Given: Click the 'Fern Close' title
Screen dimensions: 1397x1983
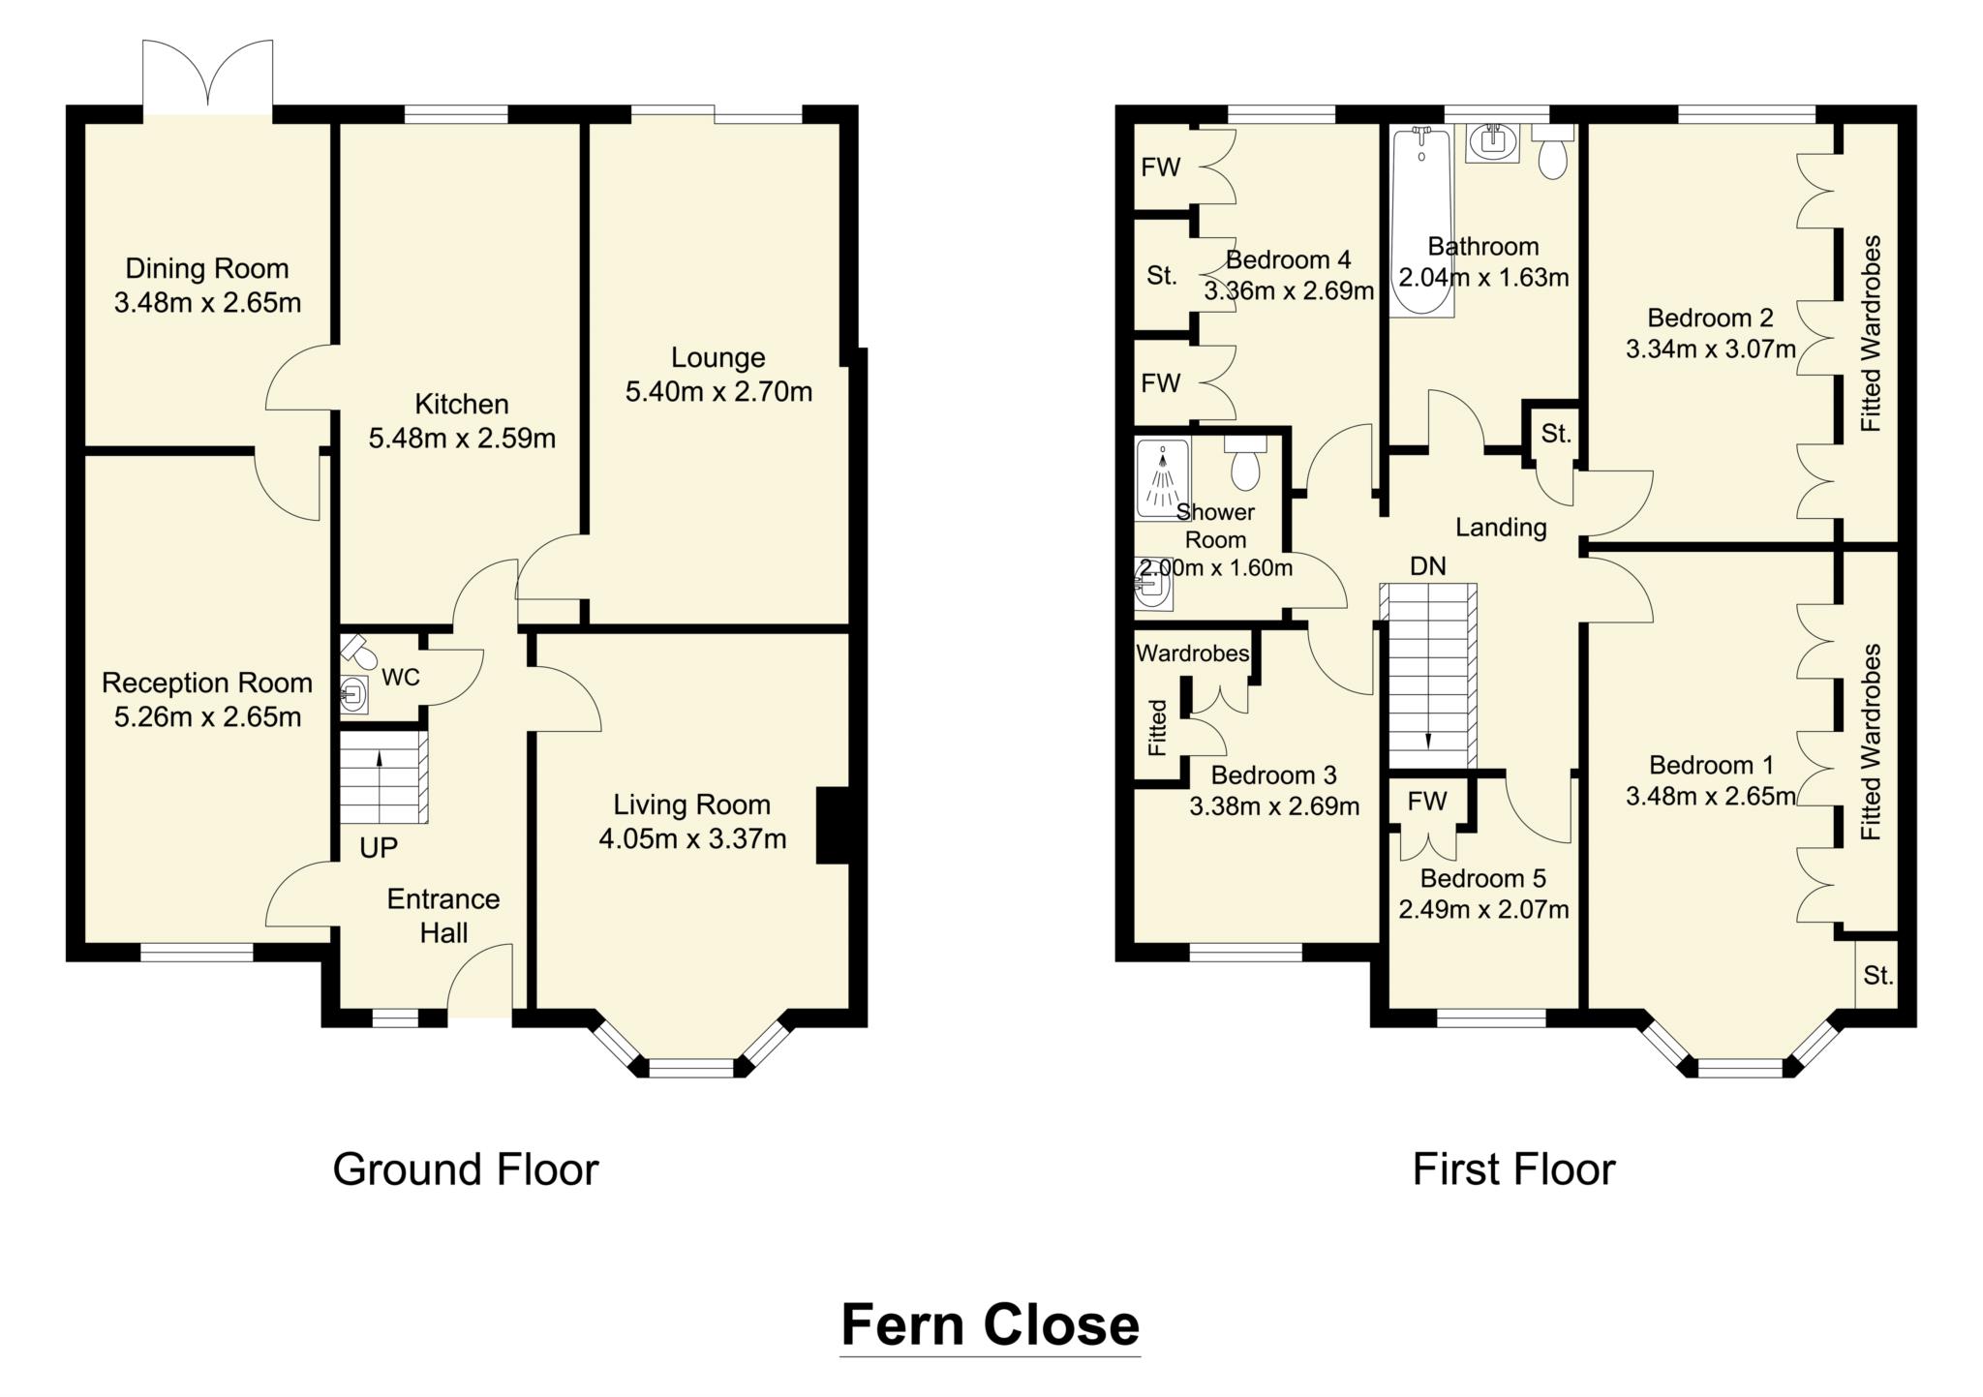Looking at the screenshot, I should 990,1324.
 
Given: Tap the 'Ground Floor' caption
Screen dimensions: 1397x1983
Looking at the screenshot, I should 466,1169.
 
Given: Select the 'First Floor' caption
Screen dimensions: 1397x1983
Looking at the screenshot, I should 1513,1169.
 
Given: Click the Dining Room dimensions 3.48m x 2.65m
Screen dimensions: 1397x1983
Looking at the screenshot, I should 207,303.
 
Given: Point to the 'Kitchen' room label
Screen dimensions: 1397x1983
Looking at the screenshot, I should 462,404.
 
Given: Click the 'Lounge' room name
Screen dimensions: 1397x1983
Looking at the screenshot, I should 717,357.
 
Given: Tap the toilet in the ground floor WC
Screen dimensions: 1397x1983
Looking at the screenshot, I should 359,652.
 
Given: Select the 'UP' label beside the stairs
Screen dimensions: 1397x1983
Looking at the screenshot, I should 379,848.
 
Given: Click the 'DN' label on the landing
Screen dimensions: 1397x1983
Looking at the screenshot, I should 1428,566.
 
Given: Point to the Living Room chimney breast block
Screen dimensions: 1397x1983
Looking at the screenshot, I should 833,826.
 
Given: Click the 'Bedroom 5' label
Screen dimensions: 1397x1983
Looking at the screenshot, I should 1482,878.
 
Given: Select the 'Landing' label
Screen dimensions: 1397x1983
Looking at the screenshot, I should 1501,528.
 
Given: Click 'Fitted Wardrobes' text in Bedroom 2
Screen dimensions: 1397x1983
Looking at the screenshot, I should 1871,334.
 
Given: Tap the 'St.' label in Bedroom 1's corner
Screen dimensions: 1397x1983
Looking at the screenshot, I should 1877,976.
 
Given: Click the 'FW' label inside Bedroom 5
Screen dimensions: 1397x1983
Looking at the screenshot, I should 1426,801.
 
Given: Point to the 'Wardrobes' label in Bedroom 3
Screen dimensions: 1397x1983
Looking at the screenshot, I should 1192,653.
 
